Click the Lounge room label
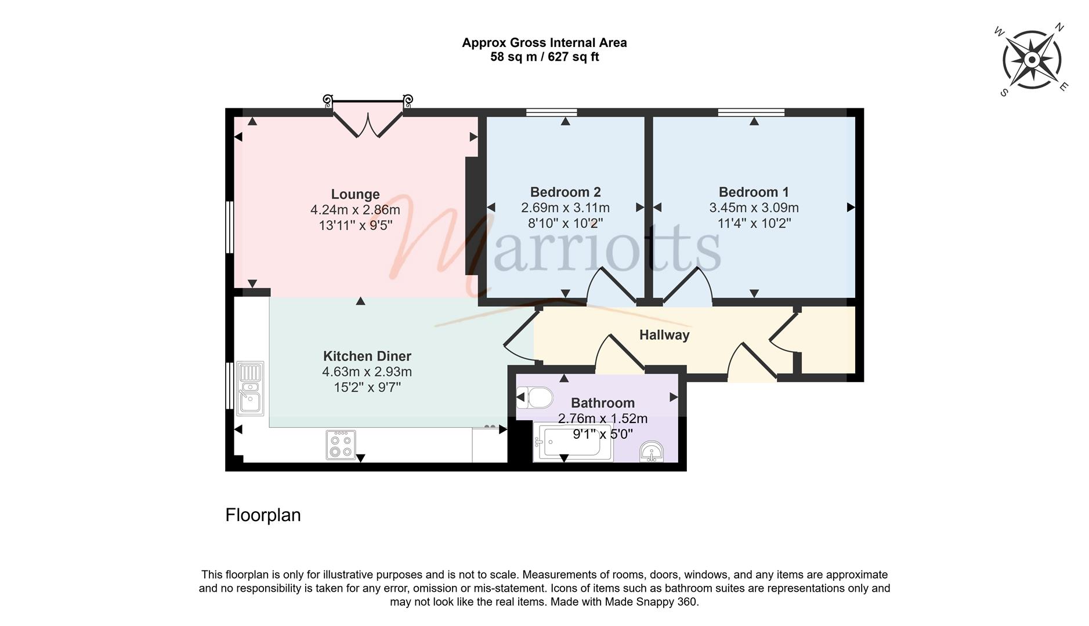pyautogui.click(x=355, y=194)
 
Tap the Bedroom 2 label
pyautogui.click(x=565, y=192)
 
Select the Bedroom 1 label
pyautogui.click(x=754, y=192)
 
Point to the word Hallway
pyautogui.click(x=664, y=335)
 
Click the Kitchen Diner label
pyautogui.click(x=367, y=356)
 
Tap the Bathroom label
pyautogui.click(x=603, y=403)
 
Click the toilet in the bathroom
pyautogui.click(x=534, y=398)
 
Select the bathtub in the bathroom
pyautogui.click(x=573, y=443)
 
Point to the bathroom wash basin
pyautogui.click(x=652, y=452)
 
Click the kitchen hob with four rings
pyautogui.click(x=341, y=445)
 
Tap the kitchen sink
pyautogui.click(x=250, y=388)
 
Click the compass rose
pyautogui.click(x=1032, y=60)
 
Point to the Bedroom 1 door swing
pyautogui.click(x=687, y=286)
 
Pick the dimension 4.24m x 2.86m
pyautogui.click(x=355, y=210)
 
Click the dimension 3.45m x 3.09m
pyautogui.click(x=754, y=208)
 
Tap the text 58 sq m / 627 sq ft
pyautogui.click(x=544, y=57)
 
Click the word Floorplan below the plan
pyautogui.click(x=263, y=515)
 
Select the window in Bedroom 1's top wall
pyautogui.click(x=751, y=112)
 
